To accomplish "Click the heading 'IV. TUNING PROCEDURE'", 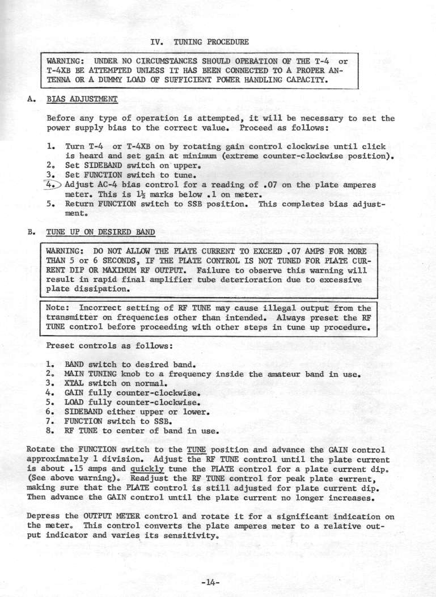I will [200, 41].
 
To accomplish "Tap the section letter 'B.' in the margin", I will [32, 232].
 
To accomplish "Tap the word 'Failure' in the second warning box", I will [215, 270].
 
